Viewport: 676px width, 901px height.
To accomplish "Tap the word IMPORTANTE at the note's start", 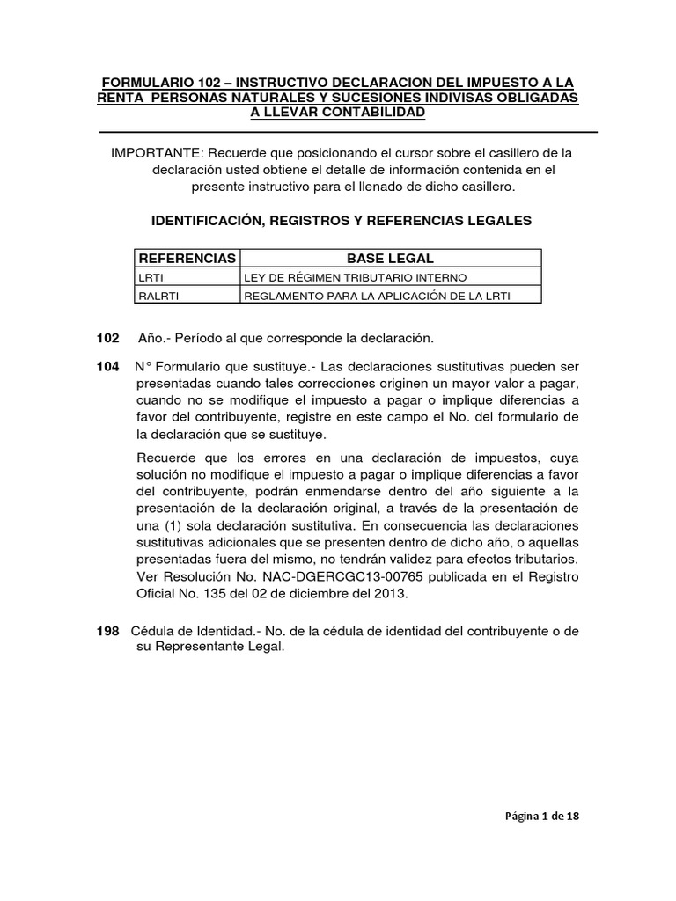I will coord(155,153).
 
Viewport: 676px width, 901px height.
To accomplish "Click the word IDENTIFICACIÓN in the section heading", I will coord(195,221).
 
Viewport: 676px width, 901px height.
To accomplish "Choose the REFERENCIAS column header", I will coord(186,258).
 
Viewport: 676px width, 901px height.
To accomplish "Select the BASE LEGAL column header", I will coord(390,258).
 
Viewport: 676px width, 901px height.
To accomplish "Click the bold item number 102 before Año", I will coord(106,338).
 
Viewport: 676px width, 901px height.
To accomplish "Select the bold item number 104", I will coord(106,366).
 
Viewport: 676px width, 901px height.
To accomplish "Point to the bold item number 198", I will coord(106,632).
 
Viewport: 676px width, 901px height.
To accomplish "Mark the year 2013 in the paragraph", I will coord(392,593).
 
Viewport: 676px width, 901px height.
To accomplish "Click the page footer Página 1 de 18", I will coord(541,816).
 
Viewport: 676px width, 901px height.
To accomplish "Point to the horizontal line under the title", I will coord(347,132).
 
